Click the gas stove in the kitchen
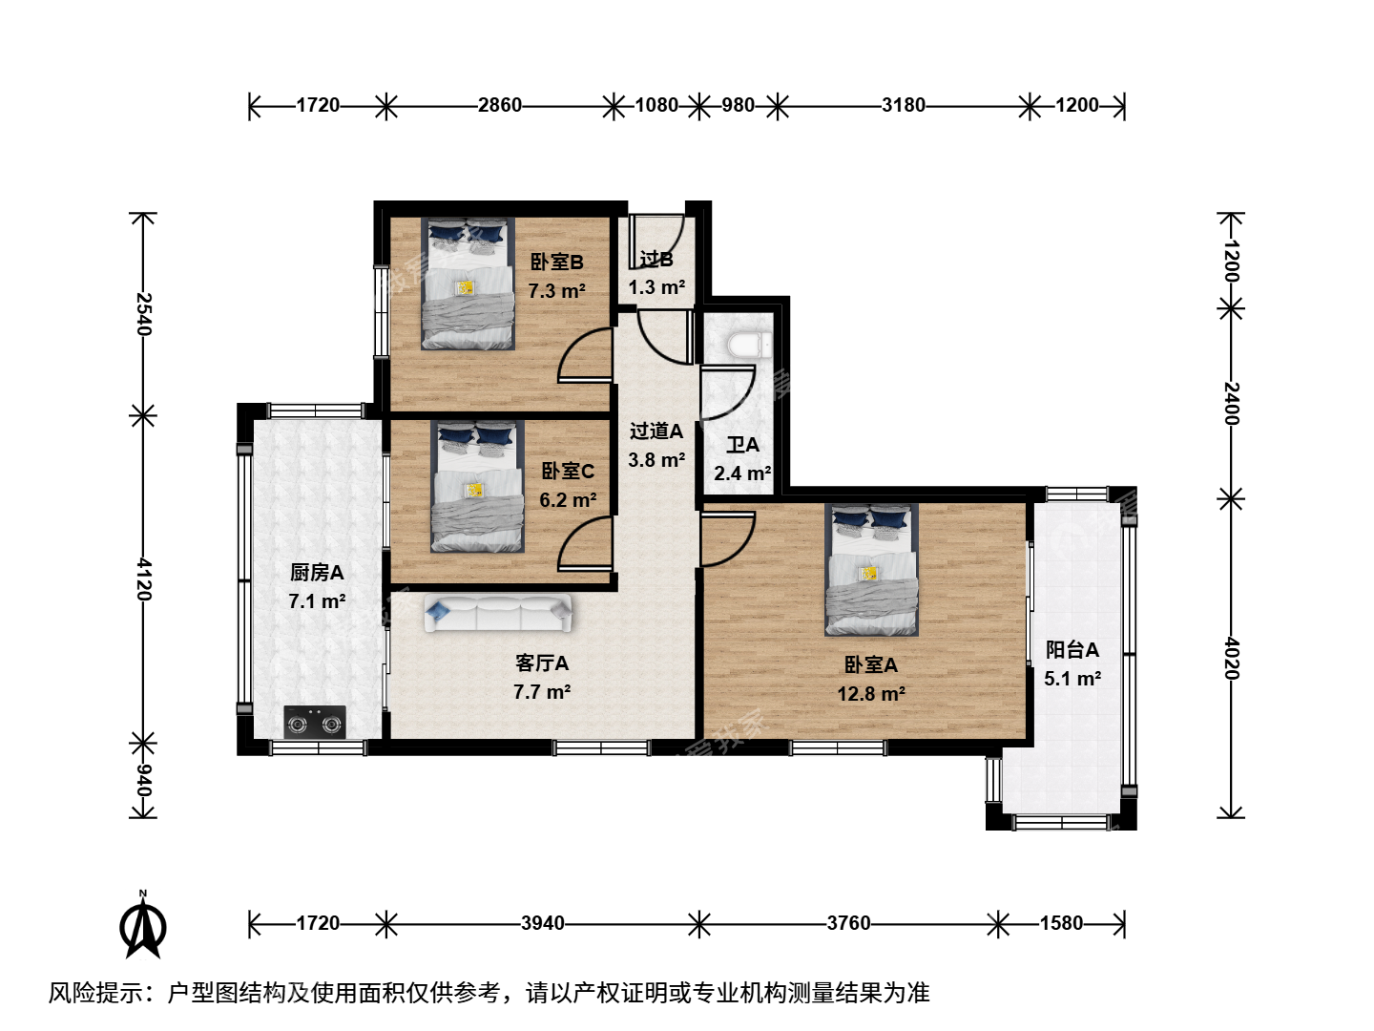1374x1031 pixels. (x=315, y=722)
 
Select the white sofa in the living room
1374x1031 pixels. (x=498, y=612)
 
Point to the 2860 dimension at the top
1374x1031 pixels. (x=500, y=105)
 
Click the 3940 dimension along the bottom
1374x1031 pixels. (x=543, y=923)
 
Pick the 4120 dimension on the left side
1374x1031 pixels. (x=144, y=579)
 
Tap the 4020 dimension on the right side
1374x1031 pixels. (x=1231, y=659)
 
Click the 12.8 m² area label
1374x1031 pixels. (x=871, y=694)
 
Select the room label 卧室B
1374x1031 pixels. (x=556, y=262)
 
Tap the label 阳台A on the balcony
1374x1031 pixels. (x=1072, y=650)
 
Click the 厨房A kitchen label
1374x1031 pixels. (x=317, y=572)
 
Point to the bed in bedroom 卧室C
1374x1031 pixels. (x=478, y=486)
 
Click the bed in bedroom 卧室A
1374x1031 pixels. (x=871, y=570)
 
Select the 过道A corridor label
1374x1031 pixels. (x=656, y=431)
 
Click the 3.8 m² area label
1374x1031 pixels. (x=656, y=460)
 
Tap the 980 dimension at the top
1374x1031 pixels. (x=738, y=105)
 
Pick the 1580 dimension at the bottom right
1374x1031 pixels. (x=1061, y=923)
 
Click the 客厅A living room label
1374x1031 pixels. (x=542, y=663)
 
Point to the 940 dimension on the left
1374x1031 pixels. (x=144, y=781)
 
